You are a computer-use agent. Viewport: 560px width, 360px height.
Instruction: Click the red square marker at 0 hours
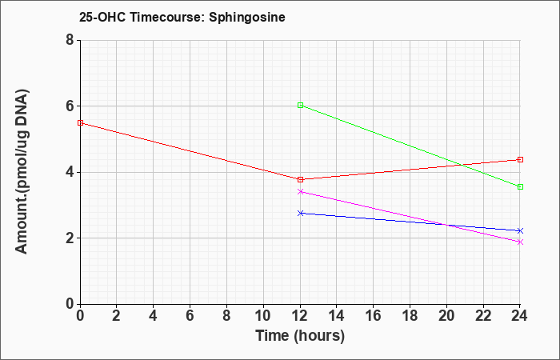pos(80,123)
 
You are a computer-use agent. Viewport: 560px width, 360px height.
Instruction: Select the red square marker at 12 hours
pos(300,179)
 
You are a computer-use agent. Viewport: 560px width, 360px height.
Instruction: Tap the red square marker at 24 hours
pos(520,160)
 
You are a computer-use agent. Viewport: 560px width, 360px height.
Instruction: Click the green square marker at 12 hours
pos(300,106)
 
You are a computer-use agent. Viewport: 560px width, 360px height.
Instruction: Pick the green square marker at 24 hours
pos(520,186)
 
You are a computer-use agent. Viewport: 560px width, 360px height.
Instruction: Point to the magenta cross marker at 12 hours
pos(300,192)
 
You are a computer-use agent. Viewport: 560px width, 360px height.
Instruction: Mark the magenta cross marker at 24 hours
pos(520,242)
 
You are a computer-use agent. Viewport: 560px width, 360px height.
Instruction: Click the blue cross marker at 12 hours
pos(300,214)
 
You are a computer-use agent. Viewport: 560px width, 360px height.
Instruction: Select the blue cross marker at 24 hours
pos(520,230)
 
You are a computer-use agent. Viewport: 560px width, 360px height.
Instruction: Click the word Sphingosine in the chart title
pos(247,17)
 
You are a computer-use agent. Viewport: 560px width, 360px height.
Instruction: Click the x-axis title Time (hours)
pos(300,336)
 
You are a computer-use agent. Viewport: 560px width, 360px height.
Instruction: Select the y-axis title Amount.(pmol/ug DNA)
pos(22,171)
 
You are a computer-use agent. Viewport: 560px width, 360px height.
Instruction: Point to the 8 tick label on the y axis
pos(70,40)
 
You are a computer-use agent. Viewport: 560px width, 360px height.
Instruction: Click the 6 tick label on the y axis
pos(70,106)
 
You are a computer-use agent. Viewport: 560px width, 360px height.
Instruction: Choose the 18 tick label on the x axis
pos(410,316)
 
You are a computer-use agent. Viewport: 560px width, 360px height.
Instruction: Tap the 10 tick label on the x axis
pos(263,316)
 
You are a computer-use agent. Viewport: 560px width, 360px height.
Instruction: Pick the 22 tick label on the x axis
pos(483,316)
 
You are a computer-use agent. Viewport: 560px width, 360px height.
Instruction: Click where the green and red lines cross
pos(462,165)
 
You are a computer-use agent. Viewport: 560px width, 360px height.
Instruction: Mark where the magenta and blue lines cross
pos(446,225)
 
